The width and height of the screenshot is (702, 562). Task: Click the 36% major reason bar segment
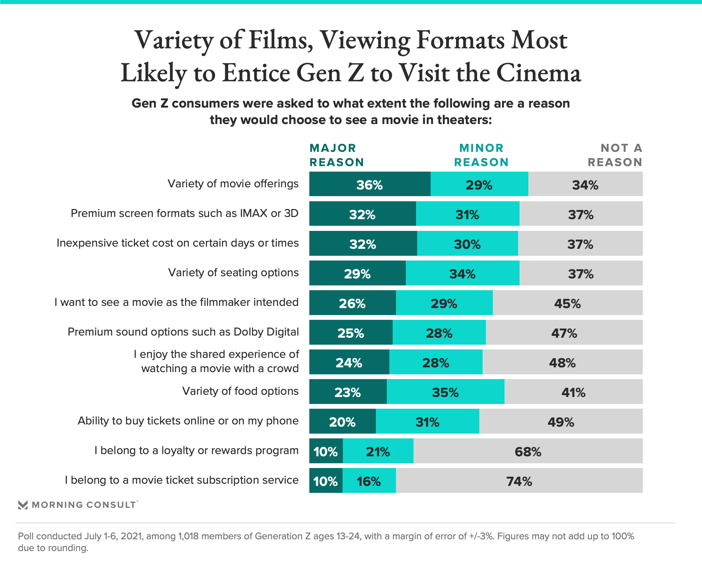[x=370, y=184]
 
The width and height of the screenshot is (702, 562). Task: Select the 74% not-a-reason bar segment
[x=519, y=481]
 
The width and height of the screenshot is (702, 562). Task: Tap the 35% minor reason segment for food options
[x=445, y=392]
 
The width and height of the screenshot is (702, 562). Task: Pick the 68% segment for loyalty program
[x=528, y=451]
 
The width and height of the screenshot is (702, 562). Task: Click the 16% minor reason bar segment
[x=369, y=481]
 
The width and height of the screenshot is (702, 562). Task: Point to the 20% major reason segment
[x=342, y=421]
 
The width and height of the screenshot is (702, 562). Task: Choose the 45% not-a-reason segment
[x=567, y=303]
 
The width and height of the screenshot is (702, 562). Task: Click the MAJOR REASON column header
[x=337, y=155]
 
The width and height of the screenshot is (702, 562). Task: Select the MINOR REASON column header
[x=481, y=155]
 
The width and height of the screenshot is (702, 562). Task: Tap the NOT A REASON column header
[x=615, y=155]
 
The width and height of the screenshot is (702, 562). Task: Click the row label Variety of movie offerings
[x=233, y=184]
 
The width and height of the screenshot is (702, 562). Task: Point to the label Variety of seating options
[x=233, y=273]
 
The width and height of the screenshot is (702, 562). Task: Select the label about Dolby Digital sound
[x=183, y=332]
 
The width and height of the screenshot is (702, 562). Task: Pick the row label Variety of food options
[x=240, y=391]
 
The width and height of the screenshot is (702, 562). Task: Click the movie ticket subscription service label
[x=182, y=480]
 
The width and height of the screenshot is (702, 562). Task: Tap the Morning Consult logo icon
[x=23, y=505]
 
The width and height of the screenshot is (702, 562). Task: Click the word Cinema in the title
[x=538, y=73]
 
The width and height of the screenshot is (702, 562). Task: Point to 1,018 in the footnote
[x=188, y=536]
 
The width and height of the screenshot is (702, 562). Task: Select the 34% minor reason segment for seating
[x=462, y=273]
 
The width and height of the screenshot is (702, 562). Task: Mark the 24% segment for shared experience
[x=349, y=362]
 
